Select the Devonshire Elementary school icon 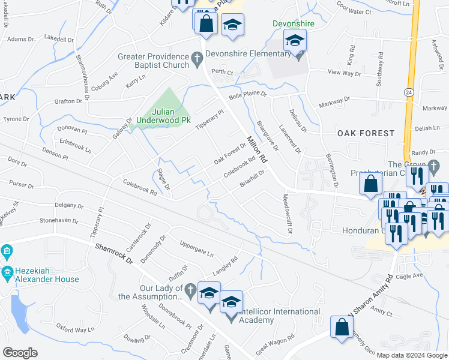(x=295, y=42)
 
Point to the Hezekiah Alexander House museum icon (x=7, y=251)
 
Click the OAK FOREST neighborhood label (x=366, y=133)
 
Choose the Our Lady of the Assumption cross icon (x=190, y=289)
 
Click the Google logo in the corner (x=20, y=353)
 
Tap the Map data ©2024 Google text (x=411, y=355)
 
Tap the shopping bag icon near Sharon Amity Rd (x=342, y=329)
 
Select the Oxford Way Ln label (x=76, y=328)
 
